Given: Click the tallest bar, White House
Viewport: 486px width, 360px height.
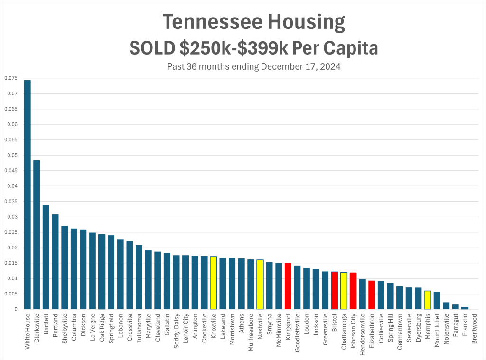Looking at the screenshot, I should click(27, 194).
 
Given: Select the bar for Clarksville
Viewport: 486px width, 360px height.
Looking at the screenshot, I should click(37, 235).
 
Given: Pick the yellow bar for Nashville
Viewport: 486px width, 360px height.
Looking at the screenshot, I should click(260, 285).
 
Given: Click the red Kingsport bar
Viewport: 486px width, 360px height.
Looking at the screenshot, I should click(288, 286).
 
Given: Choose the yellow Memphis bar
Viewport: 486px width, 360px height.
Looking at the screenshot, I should click(428, 300).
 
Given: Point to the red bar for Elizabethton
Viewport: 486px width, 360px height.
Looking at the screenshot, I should click(372, 295).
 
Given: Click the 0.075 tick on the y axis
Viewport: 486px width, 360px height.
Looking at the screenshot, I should click(11, 78).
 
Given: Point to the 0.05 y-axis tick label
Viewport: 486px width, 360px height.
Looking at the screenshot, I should click(12, 156).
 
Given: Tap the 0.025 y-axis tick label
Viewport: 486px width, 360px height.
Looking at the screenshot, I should click(11, 232).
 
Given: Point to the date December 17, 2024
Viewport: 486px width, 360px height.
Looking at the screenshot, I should click(299, 66).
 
